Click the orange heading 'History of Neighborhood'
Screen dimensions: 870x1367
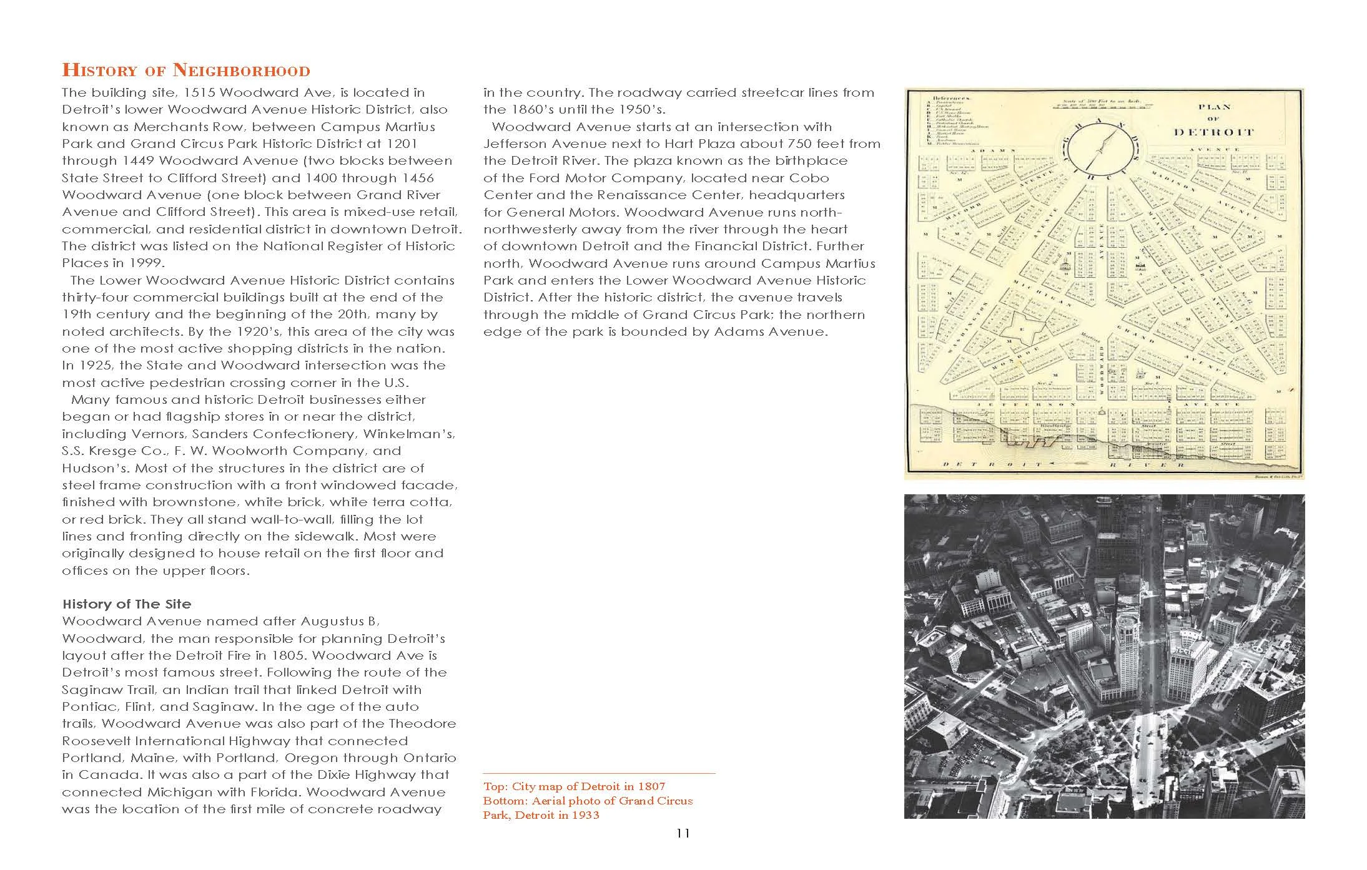coord(185,70)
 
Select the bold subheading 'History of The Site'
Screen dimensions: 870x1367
coord(127,604)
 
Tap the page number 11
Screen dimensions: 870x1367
coord(683,833)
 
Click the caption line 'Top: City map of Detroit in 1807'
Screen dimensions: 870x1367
coord(574,786)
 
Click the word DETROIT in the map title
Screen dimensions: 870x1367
coord(1213,132)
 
